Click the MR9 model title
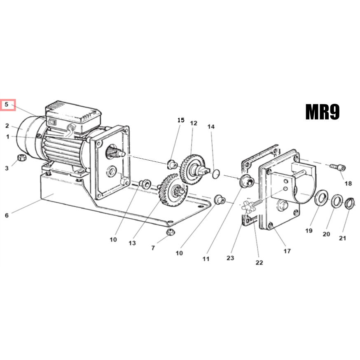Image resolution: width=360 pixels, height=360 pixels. tap(323, 112)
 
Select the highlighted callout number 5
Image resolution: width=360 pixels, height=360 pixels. tap(7, 105)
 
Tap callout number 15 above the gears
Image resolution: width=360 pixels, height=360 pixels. tap(181, 120)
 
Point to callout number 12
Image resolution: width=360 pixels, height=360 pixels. tap(194, 123)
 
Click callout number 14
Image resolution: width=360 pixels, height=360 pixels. tap(211, 126)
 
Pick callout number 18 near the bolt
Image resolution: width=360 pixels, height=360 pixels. tap(348, 183)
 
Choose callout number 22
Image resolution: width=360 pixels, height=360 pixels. tap(259, 262)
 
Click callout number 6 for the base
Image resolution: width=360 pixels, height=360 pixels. tap(7, 215)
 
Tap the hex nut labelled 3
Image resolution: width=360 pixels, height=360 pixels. tap(22, 158)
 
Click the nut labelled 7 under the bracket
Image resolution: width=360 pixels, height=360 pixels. tap(170, 232)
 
